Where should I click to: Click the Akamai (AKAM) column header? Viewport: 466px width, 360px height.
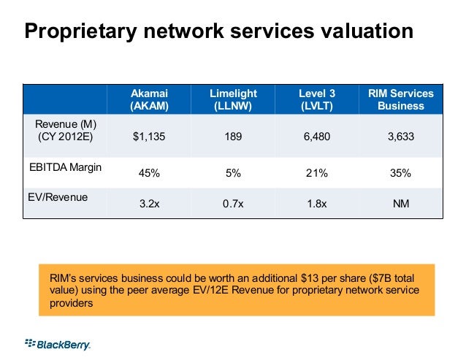tap(148, 99)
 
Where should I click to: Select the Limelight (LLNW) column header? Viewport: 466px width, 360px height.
tap(233, 99)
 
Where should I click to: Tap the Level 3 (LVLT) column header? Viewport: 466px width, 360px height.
tap(317, 99)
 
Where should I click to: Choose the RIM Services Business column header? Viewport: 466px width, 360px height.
tap(400, 99)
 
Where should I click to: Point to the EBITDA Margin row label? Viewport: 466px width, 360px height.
tap(66, 167)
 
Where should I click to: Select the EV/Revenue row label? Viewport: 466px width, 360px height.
tap(58, 196)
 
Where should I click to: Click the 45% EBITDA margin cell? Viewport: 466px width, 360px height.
tap(148, 174)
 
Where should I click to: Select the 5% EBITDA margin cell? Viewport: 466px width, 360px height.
tap(233, 174)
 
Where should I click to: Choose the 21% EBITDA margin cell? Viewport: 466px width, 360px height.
tap(317, 174)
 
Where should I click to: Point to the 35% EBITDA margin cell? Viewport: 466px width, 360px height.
tap(400, 174)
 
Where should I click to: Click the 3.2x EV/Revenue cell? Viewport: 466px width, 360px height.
tap(148, 205)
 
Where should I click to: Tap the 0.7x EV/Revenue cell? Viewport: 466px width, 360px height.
tap(233, 205)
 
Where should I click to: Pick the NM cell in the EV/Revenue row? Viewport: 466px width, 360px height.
tap(400, 205)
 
